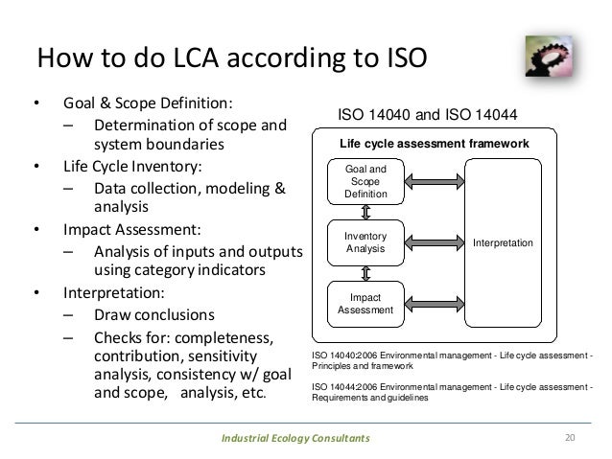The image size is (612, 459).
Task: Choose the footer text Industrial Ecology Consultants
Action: [x=294, y=439]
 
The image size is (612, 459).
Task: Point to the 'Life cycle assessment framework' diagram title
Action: [x=435, y=143]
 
